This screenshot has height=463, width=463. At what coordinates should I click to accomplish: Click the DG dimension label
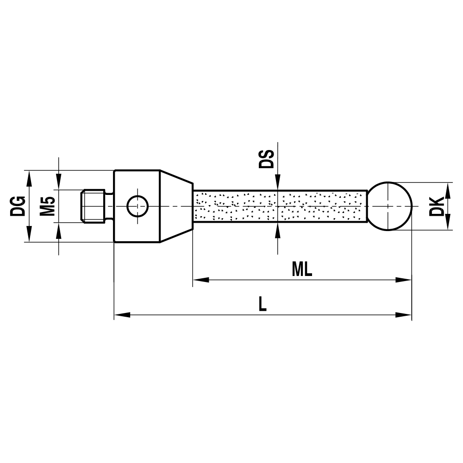click(18, 206)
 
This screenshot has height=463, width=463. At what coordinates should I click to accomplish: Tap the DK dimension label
click(437, 206)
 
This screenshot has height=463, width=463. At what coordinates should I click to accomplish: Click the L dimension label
click(263, 304)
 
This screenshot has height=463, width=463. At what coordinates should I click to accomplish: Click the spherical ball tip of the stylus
click(390, 206)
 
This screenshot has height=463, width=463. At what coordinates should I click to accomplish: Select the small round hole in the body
click(138, 206)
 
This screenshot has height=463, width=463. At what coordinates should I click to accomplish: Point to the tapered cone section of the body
click(176, 206)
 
